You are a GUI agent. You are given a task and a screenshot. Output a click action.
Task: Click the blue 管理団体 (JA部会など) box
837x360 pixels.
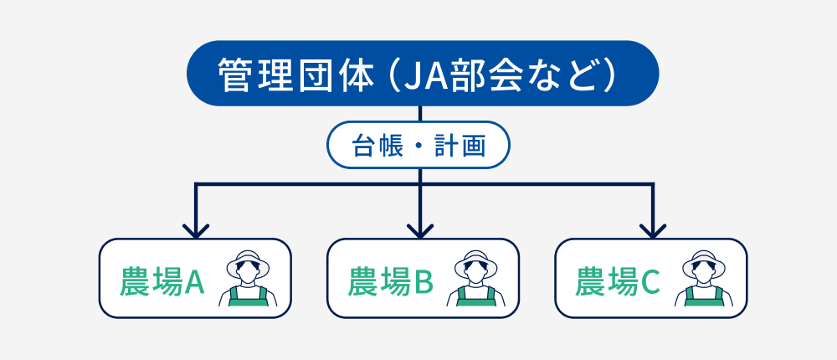point(422,73)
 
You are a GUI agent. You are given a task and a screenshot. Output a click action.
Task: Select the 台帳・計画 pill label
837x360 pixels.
point(418,145)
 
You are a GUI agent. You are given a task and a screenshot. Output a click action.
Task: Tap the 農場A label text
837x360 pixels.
point(162,282)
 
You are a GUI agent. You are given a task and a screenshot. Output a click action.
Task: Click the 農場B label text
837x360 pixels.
point(390,282)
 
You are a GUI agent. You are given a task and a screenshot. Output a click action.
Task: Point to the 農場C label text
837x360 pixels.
point(618,282)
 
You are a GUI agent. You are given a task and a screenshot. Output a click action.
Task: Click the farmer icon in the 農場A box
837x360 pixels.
point(248,278)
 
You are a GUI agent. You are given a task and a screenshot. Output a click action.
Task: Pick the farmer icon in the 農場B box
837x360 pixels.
point(475,278)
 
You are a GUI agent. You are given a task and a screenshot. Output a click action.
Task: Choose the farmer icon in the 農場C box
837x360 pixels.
point(704,278)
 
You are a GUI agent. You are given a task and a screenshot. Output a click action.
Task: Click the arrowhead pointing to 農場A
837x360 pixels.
point(196,232)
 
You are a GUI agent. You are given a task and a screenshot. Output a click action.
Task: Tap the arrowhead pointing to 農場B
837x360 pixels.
point(420,232)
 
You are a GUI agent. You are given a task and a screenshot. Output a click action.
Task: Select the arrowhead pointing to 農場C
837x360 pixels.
point(652,232)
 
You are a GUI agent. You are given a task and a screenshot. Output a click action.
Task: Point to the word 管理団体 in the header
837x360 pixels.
point(295,75)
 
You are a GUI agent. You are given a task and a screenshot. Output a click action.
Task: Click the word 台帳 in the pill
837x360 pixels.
point(378,146)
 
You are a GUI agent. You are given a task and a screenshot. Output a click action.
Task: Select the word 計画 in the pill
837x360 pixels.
point(460,146)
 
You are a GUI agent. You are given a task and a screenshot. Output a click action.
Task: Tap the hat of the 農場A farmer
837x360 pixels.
point(248,263)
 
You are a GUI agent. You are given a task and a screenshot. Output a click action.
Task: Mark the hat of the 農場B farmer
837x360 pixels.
point(475,263)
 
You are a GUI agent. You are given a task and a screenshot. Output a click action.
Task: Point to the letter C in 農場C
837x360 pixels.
point(650,282)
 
